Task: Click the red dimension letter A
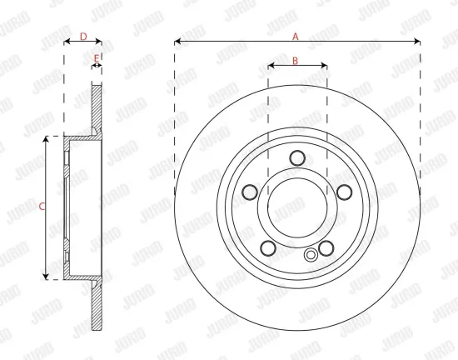click(296, 37)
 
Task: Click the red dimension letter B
click(295, 61)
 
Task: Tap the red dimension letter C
click(42, 207)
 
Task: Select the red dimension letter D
click(83, 37)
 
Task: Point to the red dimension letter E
click(97, 58)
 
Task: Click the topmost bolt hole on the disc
click(297, 158)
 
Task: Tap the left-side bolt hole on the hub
click(250, 192)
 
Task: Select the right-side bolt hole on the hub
click(345, 192)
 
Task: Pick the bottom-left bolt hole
click(268, 247)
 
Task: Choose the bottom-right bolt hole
click(326, 247)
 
